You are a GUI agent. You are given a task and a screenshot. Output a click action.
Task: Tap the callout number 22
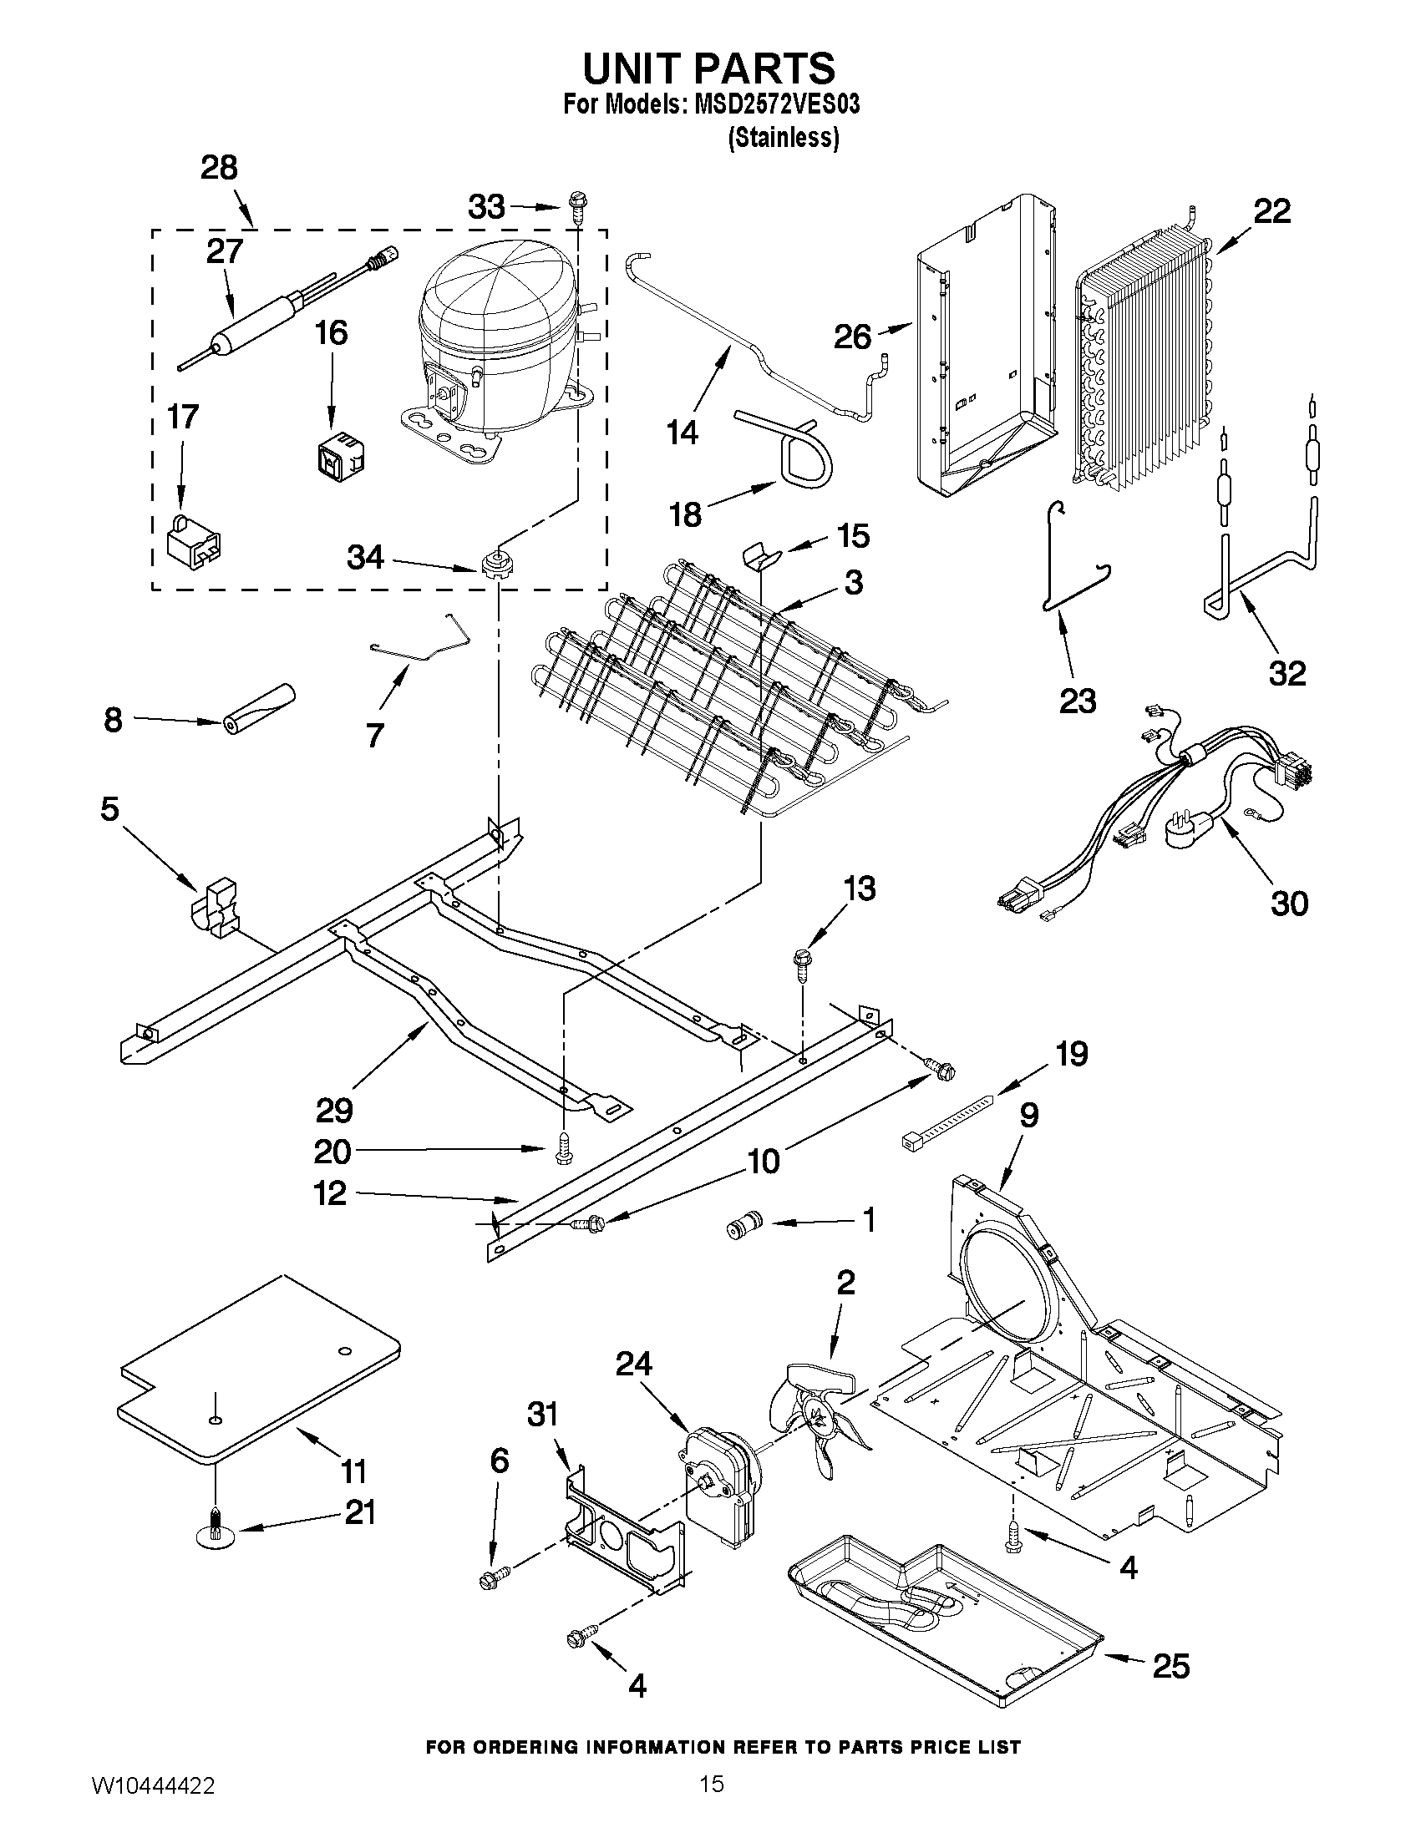(1271, 211)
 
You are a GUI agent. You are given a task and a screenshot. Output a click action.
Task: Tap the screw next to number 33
(579, 205)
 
